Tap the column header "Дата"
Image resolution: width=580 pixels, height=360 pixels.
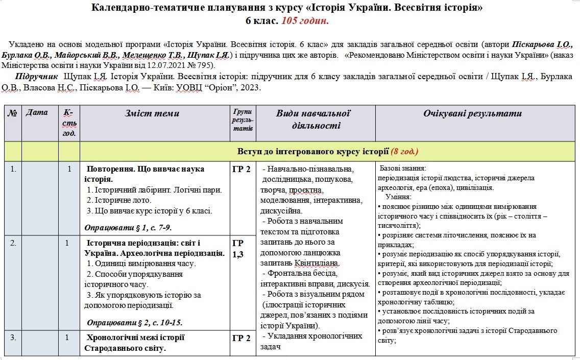coord(36,112)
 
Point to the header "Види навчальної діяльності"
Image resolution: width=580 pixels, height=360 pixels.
coord(313,119)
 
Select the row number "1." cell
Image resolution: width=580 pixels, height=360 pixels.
coord(13,169)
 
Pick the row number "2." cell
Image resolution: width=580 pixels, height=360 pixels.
coord(13,243)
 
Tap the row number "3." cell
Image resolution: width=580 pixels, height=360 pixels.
coord(13,337)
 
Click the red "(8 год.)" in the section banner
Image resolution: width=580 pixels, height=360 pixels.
coord(404,151)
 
